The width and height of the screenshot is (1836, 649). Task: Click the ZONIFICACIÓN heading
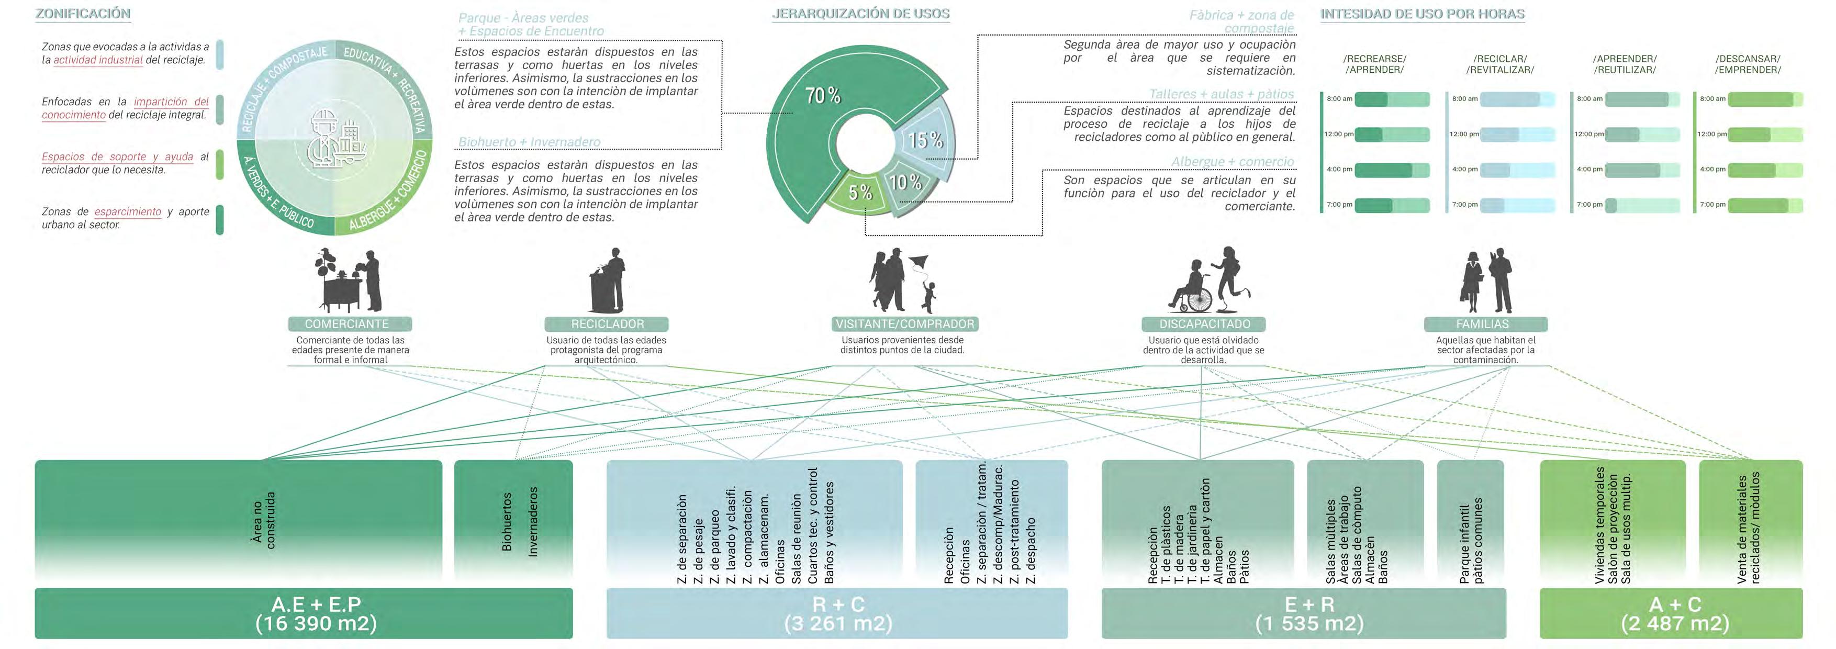[x=83, y=14]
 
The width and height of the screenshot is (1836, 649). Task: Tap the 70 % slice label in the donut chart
[x=823, y=95]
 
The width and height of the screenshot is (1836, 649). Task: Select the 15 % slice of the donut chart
[x=925, y=140]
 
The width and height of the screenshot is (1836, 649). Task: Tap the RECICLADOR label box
[x=607, y=324]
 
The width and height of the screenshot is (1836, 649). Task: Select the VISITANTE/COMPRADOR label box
[x=904, y=324]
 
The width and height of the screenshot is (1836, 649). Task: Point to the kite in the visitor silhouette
[x=919, y=263]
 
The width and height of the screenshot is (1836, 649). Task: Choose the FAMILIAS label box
[x=1485, y=324]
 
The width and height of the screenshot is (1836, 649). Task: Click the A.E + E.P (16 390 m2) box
[x=304, y=613]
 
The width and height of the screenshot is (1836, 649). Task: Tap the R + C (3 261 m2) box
[x=837, y=613]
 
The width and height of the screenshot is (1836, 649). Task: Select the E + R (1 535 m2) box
[x=1304, y=613]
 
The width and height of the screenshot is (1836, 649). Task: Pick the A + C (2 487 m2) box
[x=1671, y=613]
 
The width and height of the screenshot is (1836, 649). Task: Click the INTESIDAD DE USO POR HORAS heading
[x=1422, y=14]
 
